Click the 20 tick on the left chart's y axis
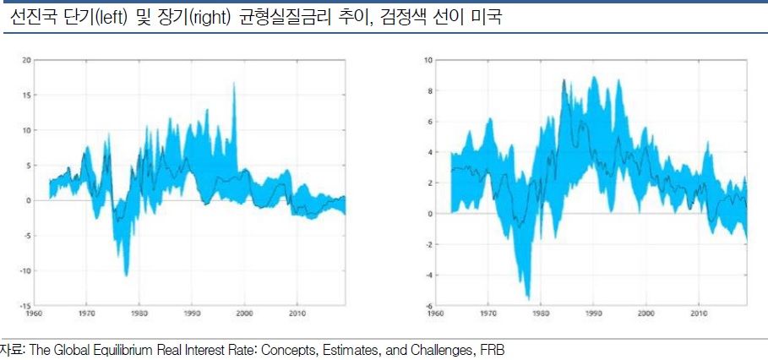(x=26, y=60)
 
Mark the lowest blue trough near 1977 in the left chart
(x=127, y=275)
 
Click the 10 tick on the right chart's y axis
(x=428, y=60)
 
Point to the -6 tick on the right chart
(x=428, y=305)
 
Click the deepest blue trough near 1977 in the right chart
(x=528, y=298)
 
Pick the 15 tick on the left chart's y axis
(x=26, y=95)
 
